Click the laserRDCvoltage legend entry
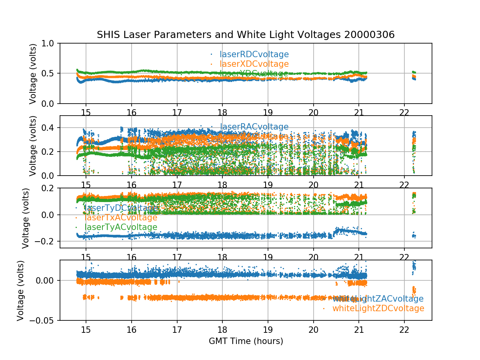pos(254,54)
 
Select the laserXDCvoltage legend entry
pos(254,64)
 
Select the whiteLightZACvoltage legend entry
pos(378,299)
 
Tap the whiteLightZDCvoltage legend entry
pos(378,308)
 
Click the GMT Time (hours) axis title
pos(246,341)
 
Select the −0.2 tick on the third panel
pos(45,241)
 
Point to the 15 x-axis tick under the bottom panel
pos(86,329)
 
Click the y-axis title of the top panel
pos(33,74)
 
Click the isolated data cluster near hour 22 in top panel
pos(414,75)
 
